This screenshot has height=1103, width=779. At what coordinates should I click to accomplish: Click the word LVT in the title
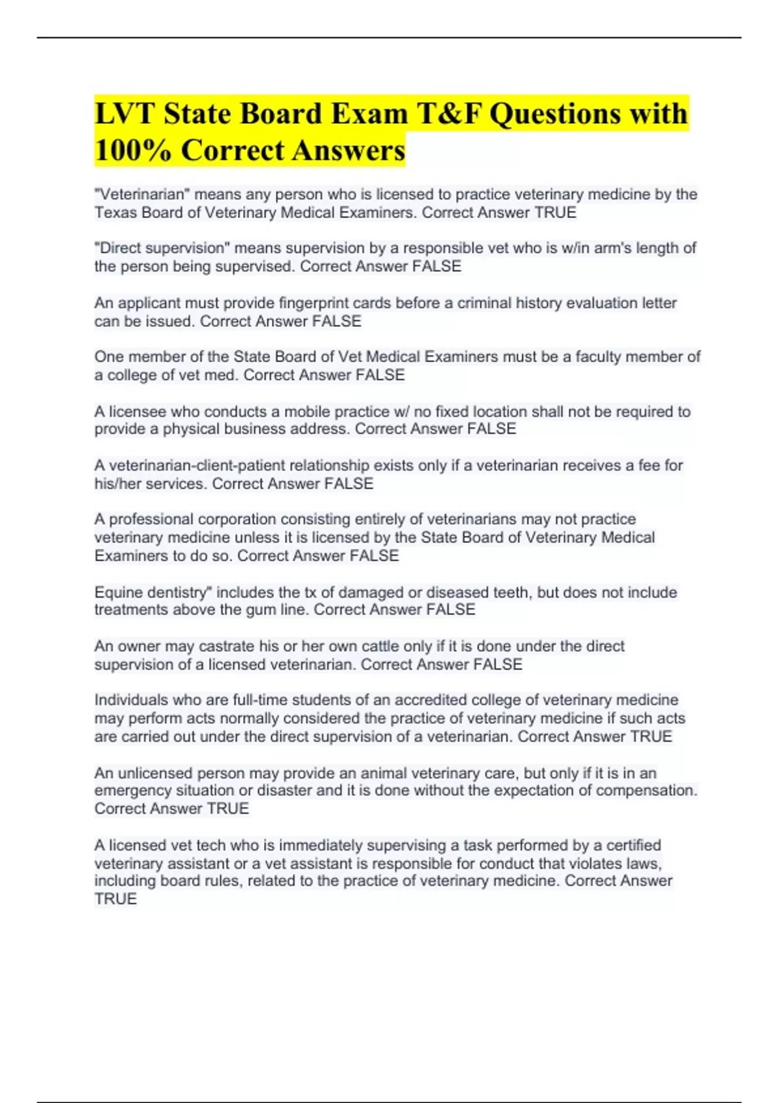pyautogui.click(x=123, y=114)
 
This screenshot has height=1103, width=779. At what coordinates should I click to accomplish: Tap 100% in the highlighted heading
pyautogui.click(x=132, y=151)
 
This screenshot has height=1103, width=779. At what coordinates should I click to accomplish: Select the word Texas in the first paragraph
pyautogui.click(x=114, y=213)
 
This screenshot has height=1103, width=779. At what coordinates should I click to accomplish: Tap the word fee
pyautogui.click(x=653, y=465)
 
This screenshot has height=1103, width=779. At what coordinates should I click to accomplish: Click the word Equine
pyautogui.click(x=117, y=592)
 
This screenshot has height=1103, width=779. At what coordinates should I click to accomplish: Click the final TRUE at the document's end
pyautogui.click(x=116, y=899)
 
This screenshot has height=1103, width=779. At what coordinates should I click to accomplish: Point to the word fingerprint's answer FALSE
pyautogui.click(x=337, y=321)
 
